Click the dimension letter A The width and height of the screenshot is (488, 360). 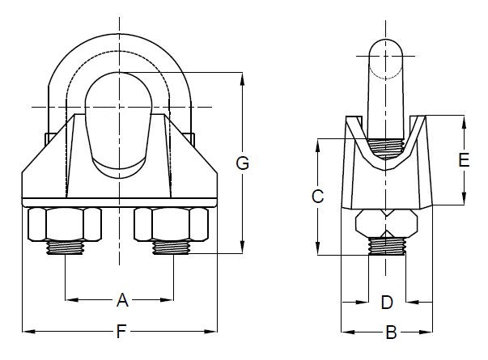click(x=122, y=301)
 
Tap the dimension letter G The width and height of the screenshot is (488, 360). click(x=241, y=163)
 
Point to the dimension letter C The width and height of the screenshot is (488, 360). click(x=318, y=196)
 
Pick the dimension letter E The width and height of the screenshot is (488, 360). click(x=464, y=160)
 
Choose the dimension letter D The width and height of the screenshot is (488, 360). click(x=387, y=303)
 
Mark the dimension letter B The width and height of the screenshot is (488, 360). click(x=390, y=331)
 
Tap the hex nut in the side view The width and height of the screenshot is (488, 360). click(x=386, y=223)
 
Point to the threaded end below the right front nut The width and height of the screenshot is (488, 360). click(x=172, y=247)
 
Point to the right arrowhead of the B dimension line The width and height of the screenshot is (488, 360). click(x=428, y=331)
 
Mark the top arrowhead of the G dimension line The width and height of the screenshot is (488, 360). click(x=241, y=77)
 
